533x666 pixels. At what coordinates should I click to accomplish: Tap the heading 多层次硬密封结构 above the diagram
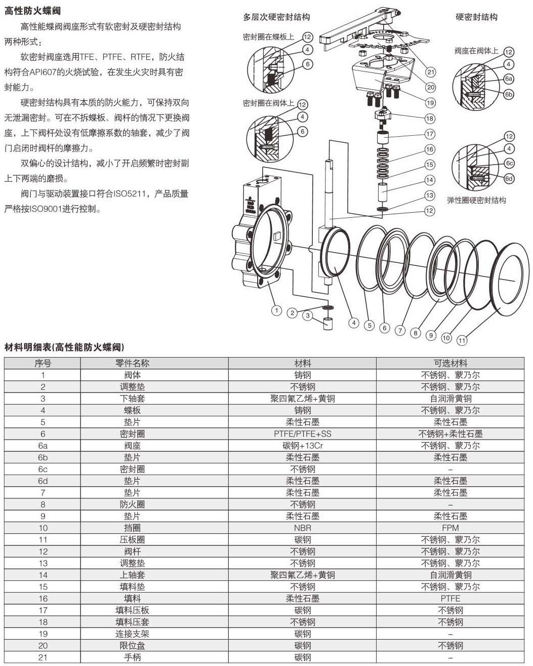(276, 17)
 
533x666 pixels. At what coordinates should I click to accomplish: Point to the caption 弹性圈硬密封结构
(476, 200)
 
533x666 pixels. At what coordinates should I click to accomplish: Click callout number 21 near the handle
(431, 72)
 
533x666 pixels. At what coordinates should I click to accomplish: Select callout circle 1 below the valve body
(276, 311)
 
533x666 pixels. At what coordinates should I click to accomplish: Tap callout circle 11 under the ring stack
(462, 340)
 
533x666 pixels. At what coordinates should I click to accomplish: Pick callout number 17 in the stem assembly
(430, 135)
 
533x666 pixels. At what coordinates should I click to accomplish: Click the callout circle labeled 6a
(509, 79)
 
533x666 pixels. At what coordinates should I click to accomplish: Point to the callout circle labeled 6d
(509, 179)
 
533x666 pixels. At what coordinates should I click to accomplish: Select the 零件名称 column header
(132, 363)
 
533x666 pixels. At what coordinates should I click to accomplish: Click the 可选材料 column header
(450, 363)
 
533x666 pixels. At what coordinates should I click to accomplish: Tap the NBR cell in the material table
(303, 528)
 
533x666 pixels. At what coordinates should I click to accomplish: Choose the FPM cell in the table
(450, 528)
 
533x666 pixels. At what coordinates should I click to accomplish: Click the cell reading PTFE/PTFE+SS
(303, 434)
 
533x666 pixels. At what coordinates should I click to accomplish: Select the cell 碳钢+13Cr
(303, 446)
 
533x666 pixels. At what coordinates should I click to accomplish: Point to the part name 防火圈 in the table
(132, 504)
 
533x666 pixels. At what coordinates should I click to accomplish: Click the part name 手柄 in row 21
(132, 657)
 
